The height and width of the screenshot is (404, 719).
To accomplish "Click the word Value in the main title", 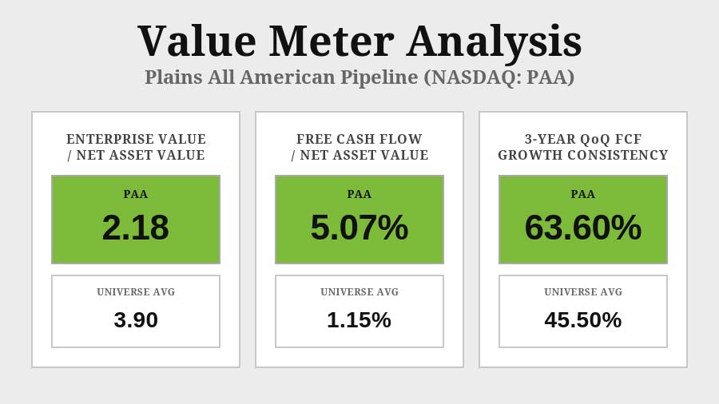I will (x=197, y=42).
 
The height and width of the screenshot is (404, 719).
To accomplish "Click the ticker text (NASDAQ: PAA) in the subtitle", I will (x=499, y=77).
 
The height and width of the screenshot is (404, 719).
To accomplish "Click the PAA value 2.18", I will (x=136, y=228).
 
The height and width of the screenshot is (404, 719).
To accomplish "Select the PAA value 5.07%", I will (x=359, y=228).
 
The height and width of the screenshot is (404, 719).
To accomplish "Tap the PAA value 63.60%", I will (x=583, y=228).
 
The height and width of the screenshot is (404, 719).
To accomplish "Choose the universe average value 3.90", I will (x=136, y=320).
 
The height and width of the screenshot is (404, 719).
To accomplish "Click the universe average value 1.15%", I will (x=359, y=320).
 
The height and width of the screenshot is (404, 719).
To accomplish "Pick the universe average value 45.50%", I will (x=583, y=320).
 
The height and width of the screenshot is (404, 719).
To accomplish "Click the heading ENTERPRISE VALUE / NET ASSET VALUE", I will (x=136, y=148).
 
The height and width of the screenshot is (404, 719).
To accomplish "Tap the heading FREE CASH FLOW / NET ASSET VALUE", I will (x=359, y=148).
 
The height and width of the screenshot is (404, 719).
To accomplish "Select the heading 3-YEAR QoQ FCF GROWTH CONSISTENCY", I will (x=583, y=148).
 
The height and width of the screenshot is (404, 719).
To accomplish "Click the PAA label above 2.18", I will (x=136, y=194).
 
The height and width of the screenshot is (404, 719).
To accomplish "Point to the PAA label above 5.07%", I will (x=359, y=194).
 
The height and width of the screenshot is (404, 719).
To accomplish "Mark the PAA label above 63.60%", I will (x=583, y=194).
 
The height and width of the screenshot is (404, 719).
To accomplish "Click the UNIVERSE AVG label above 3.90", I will (x=136, y=292).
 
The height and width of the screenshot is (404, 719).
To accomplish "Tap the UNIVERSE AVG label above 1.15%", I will (x=359, y=292).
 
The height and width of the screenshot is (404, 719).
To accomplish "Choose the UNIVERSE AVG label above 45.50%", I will (x=583, y=292).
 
